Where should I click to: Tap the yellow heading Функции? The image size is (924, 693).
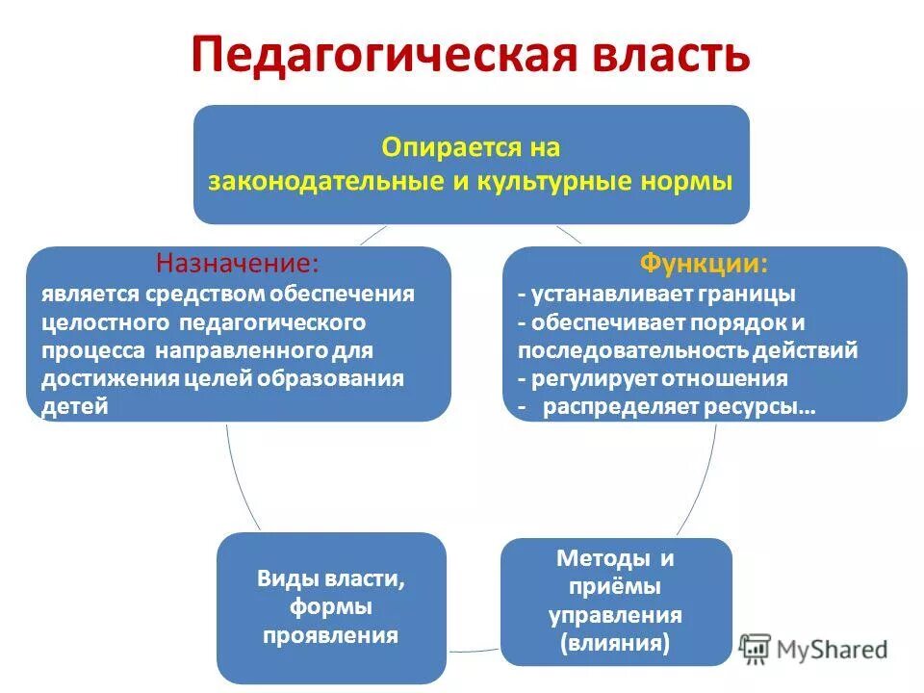705,263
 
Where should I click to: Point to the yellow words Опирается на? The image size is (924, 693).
471,148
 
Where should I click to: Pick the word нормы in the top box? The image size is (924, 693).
692,181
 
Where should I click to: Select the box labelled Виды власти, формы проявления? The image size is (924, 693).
331,607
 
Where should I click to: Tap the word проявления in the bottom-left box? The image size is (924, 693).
331,636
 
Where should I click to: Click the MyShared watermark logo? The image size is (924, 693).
813,648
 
